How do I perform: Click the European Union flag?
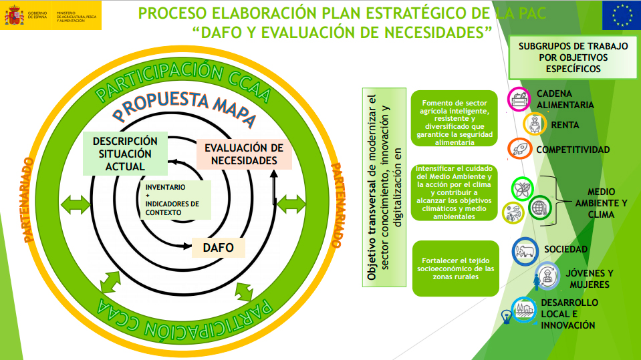click(622, 15)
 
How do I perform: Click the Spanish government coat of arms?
click(14, 15)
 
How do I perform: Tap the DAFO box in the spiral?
click(219, 248)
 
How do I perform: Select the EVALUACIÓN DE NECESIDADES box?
click(244, 154)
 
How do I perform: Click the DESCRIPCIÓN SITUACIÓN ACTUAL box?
click(125, 154)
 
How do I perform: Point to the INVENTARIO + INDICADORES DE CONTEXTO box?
click(175, 200)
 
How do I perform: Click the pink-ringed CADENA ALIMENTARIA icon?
click(519, 100)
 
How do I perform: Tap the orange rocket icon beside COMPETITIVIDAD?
click(519, 149)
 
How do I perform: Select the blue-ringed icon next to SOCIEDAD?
click(525, 251)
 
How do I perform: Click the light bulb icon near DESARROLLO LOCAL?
click(507, 317)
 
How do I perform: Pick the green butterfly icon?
click(523, 189)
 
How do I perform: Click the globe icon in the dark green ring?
click(539, 208)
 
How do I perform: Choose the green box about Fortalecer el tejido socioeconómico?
click(455, 268)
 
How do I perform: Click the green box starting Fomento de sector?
click(454, 118)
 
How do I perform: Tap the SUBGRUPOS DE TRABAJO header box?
click(573, 57)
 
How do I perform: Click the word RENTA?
click(565, 125)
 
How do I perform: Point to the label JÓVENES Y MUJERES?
click(590, 279)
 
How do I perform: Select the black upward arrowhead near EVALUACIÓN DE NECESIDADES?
click(274, 174)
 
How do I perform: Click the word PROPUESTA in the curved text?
click(160, 105)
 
